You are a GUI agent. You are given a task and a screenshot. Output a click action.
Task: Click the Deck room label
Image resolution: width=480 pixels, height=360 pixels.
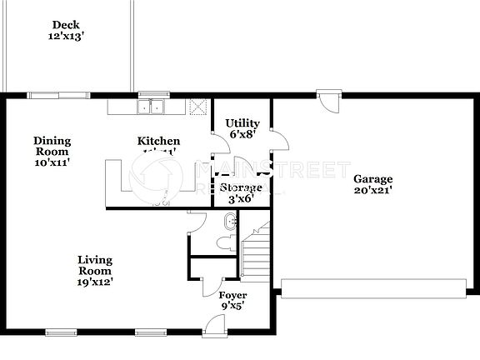tap(65, 25)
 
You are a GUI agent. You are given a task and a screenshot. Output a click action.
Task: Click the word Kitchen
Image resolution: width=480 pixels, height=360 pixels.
tap(158, 141)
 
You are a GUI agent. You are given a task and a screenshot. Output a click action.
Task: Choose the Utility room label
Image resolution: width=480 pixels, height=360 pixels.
tap(242, 123)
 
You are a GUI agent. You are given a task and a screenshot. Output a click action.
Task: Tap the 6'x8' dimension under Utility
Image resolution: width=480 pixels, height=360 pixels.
tap(242, 135)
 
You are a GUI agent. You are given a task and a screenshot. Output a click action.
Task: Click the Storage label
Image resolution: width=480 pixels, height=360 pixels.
tap(242, 187)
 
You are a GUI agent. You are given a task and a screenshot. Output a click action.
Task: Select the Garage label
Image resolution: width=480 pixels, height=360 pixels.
tap(372, 179)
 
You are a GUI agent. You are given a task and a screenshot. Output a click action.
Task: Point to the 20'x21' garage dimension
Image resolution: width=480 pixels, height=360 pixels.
tap(372, 191)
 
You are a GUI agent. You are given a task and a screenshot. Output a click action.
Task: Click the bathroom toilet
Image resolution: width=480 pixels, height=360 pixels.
tap(224, 242)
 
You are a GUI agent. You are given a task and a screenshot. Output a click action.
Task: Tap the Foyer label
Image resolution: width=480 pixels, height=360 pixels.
tap(232, 296)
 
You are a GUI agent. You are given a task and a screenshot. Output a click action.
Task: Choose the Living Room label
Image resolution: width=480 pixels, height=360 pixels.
tap(94, 265)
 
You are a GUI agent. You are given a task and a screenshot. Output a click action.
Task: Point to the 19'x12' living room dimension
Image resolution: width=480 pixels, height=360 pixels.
tap(94, 282)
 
